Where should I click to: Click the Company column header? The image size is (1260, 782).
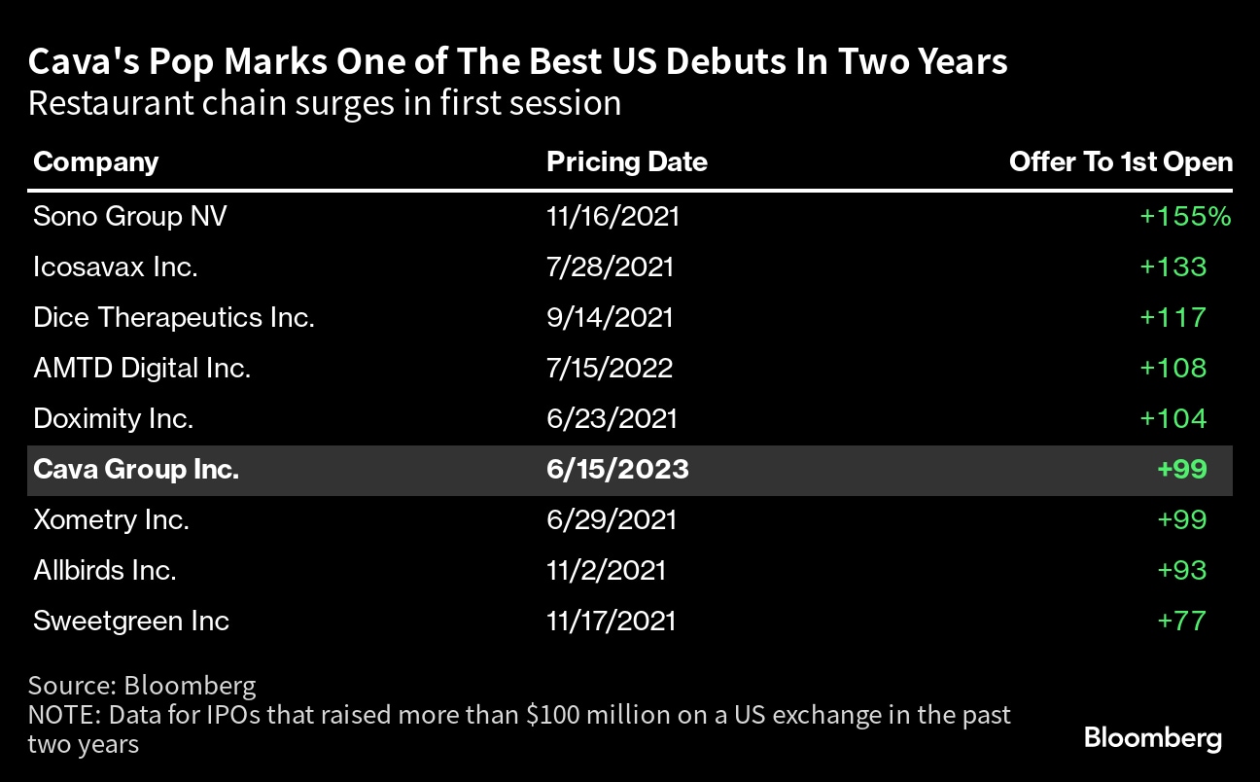pyautogui.click(x=95, y=161)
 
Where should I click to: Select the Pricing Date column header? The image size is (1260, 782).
pyautogui.click(x=627, y=161)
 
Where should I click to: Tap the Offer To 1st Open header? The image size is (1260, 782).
pyautogui.click(x=1120, y=161)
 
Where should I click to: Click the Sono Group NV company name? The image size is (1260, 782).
pyautogui.click(x=130, y=216)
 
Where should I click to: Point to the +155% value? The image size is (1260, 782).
pyautogui.click(x=1185, y=216)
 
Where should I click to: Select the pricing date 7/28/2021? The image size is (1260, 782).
pyautogui.click(x=610, y=267)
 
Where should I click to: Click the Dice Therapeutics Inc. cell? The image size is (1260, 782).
pyautogui.click(x=173, y=317)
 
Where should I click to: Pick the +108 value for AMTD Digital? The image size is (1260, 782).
pyautogui.click(x=1181, y=368)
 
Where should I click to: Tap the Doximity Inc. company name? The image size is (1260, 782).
pyautogui.click(x=113, y=418)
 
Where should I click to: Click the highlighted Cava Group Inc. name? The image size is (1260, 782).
pyautogui.click(x=136, y=470)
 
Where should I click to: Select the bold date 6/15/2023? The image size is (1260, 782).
pyautogui.click(x=617, y=470)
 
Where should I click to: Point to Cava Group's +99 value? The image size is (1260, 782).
pyautogui.click(x=1181, y=470)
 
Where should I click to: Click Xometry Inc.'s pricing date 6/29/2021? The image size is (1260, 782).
pyautogui.click(x=611, y=519)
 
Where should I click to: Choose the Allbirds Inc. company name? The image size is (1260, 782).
pyautogui.click(x=104, y=570)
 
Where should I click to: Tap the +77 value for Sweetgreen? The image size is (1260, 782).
pyautogui.click(x=1181, y=621)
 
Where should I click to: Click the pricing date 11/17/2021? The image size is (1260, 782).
pyautogui.click(x=611, y=621)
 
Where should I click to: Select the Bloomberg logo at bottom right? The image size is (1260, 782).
pyautogui.click(x=1152, y=738)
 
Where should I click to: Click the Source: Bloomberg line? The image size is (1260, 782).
pyautogui.click(x=142, y=686)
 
